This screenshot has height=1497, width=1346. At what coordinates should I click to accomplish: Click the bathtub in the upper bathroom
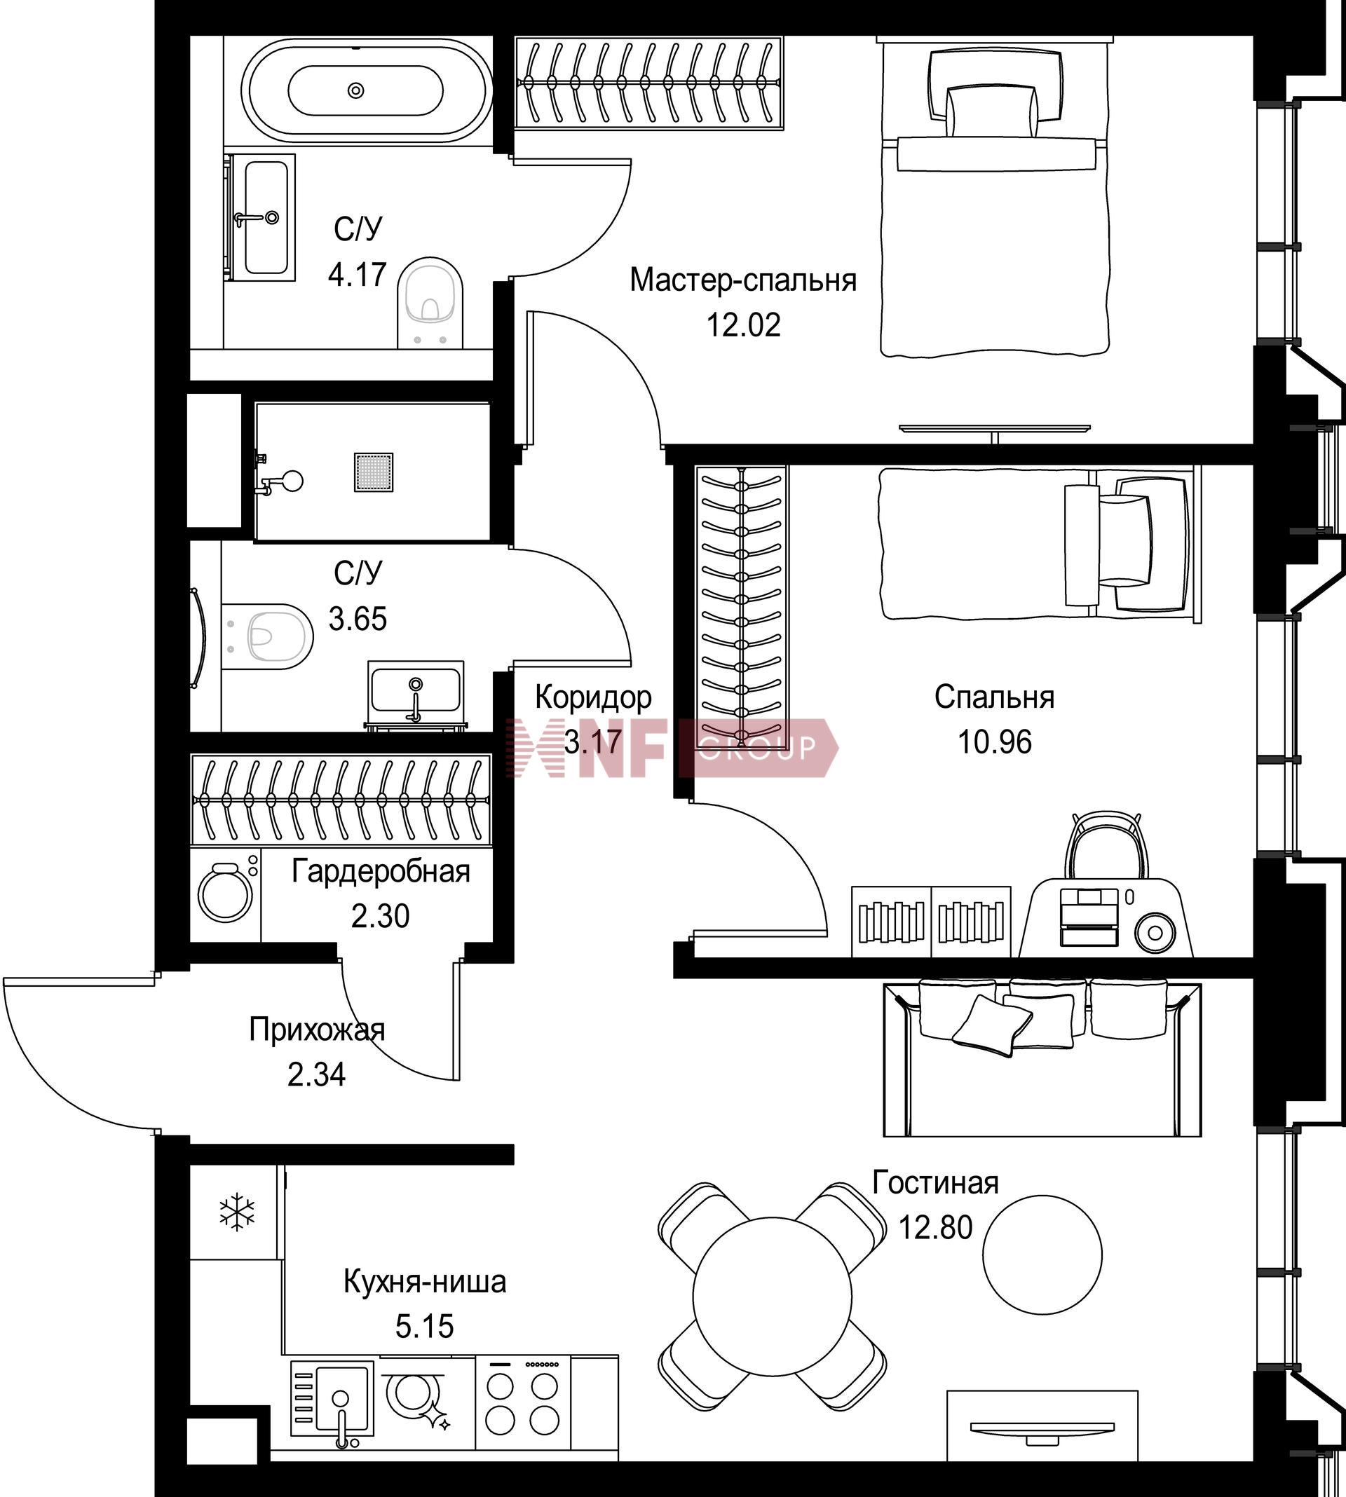click(x=367, y=90)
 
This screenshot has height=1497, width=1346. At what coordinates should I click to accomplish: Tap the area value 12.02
click(x=743, y=324)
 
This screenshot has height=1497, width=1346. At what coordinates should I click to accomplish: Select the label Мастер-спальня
click(x=743, y=280)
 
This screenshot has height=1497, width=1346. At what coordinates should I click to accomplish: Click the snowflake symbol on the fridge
click(x=237, y=1210)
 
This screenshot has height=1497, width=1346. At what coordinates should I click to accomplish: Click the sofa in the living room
click(x=1042, y=1057)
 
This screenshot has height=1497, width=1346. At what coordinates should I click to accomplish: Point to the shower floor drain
click(x=374, y=472)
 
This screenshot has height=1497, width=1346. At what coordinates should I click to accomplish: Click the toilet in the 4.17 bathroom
click(x=430, y=302)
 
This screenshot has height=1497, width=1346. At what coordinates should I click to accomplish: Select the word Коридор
click(x=593, y=697)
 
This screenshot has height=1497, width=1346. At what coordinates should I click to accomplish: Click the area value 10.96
click(x=995, y=741)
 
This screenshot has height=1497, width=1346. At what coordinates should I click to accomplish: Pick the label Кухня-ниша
click(x=425, y=1281)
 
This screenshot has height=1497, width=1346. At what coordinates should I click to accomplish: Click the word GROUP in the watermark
click(x=756, y=747)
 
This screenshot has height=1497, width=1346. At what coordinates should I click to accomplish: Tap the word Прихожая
click(x=317, y=1030)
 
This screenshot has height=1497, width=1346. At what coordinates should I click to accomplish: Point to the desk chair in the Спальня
click(x=1106, y=846)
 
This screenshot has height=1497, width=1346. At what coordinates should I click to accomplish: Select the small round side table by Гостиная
click(x=1042, y=1255)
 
